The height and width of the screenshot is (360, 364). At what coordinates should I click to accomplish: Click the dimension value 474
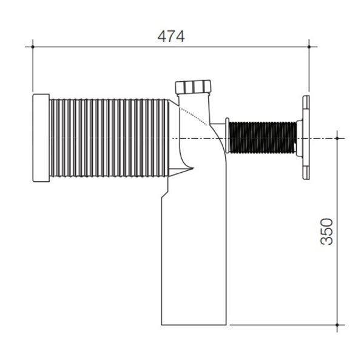tap(170, 36)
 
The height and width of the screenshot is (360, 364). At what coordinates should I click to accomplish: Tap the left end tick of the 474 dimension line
tap(33, 45)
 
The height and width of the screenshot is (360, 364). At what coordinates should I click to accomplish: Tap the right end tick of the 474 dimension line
tap(309, 45)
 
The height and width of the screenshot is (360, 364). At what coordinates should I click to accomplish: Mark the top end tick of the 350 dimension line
tap(338, 139)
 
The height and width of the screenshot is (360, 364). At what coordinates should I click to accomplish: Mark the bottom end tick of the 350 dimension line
tap(338, 325)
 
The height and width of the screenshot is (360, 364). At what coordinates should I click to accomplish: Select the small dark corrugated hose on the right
tap(263, 138)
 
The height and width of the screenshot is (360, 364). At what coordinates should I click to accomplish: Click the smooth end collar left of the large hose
tap(41, 138)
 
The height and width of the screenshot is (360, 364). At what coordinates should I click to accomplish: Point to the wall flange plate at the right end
tap(305, 138)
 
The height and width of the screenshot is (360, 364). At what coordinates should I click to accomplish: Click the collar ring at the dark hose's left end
tap(226, 138)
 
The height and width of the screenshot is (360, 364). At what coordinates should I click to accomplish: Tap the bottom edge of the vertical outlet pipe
tap(194, 325)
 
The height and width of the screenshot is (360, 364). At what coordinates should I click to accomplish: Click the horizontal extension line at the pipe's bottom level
tap(279, 325)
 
